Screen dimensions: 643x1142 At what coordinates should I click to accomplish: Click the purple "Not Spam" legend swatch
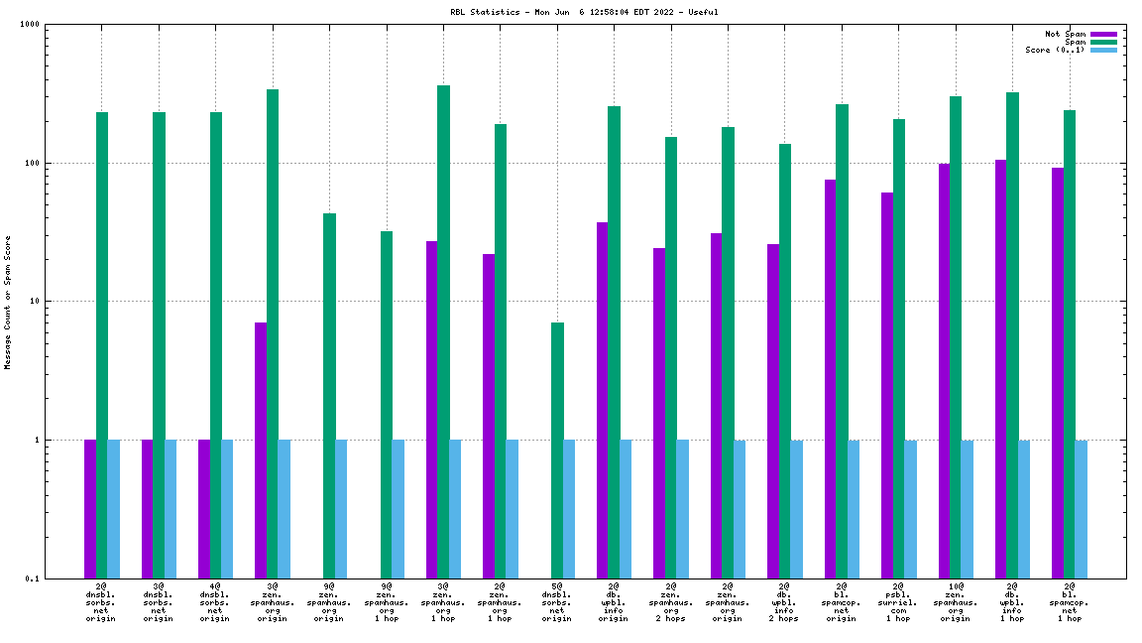(1103, 34)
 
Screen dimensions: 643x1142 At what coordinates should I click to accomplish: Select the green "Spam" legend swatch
(1103, 42)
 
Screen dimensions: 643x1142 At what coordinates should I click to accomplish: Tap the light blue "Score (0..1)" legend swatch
(1103, 50)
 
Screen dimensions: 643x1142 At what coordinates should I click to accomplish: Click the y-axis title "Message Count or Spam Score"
(8, 302)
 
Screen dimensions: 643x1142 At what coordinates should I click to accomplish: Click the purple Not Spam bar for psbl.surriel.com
(887, 385)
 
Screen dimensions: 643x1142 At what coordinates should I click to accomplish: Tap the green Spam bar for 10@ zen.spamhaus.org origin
(956, 337)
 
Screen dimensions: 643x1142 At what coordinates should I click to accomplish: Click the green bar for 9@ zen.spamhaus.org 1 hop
(387, 404)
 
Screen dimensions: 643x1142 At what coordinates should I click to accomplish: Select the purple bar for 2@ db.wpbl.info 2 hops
(773, 411)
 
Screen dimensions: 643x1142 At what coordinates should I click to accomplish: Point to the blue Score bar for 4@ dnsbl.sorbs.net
(227, 508)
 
